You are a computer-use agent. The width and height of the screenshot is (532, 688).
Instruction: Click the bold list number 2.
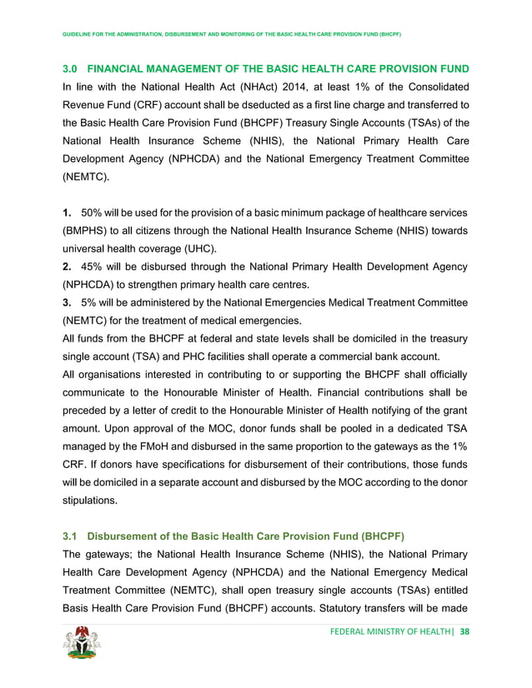(x=68, y=267)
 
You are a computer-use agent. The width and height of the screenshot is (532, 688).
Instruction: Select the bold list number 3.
(x=68, y=303)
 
